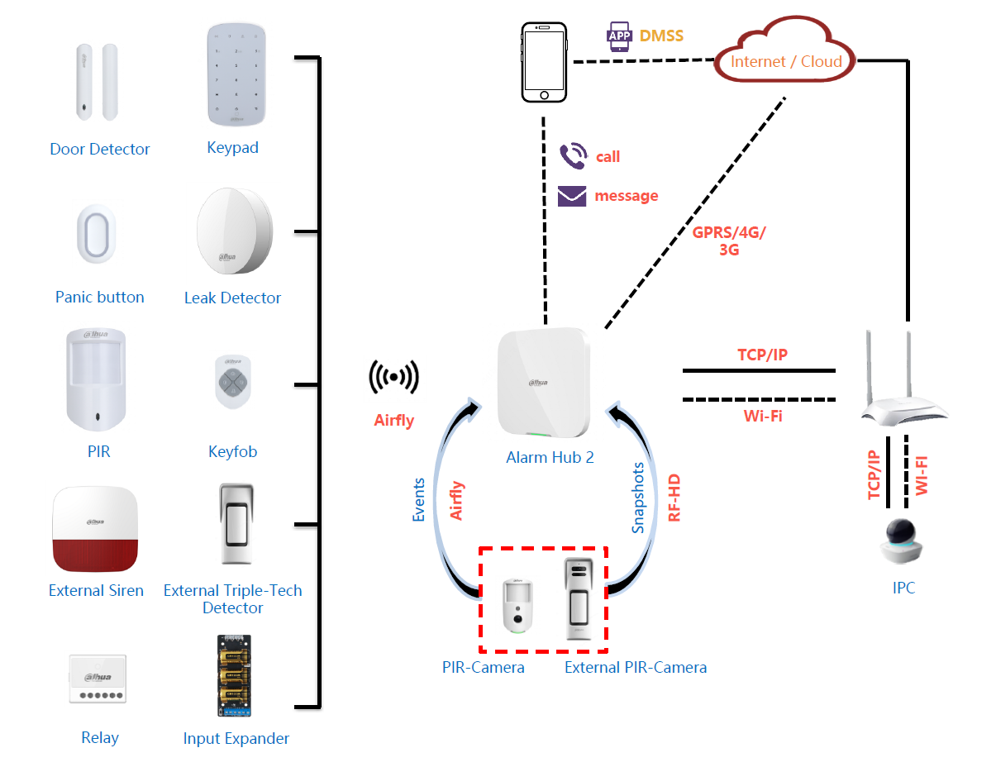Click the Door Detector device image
pos(98,82)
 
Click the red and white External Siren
pos(96,530)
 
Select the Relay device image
pos(98,679)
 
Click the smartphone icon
pos(545,63)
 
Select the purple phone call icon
pos(572,155)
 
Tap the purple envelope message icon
pos(572,196)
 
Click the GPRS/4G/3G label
pos(728,241)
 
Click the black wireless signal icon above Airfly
pos(393,378)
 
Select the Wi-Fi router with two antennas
pos(903,381)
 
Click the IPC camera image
pos(903,542)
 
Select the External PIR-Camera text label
pos(636,668)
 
